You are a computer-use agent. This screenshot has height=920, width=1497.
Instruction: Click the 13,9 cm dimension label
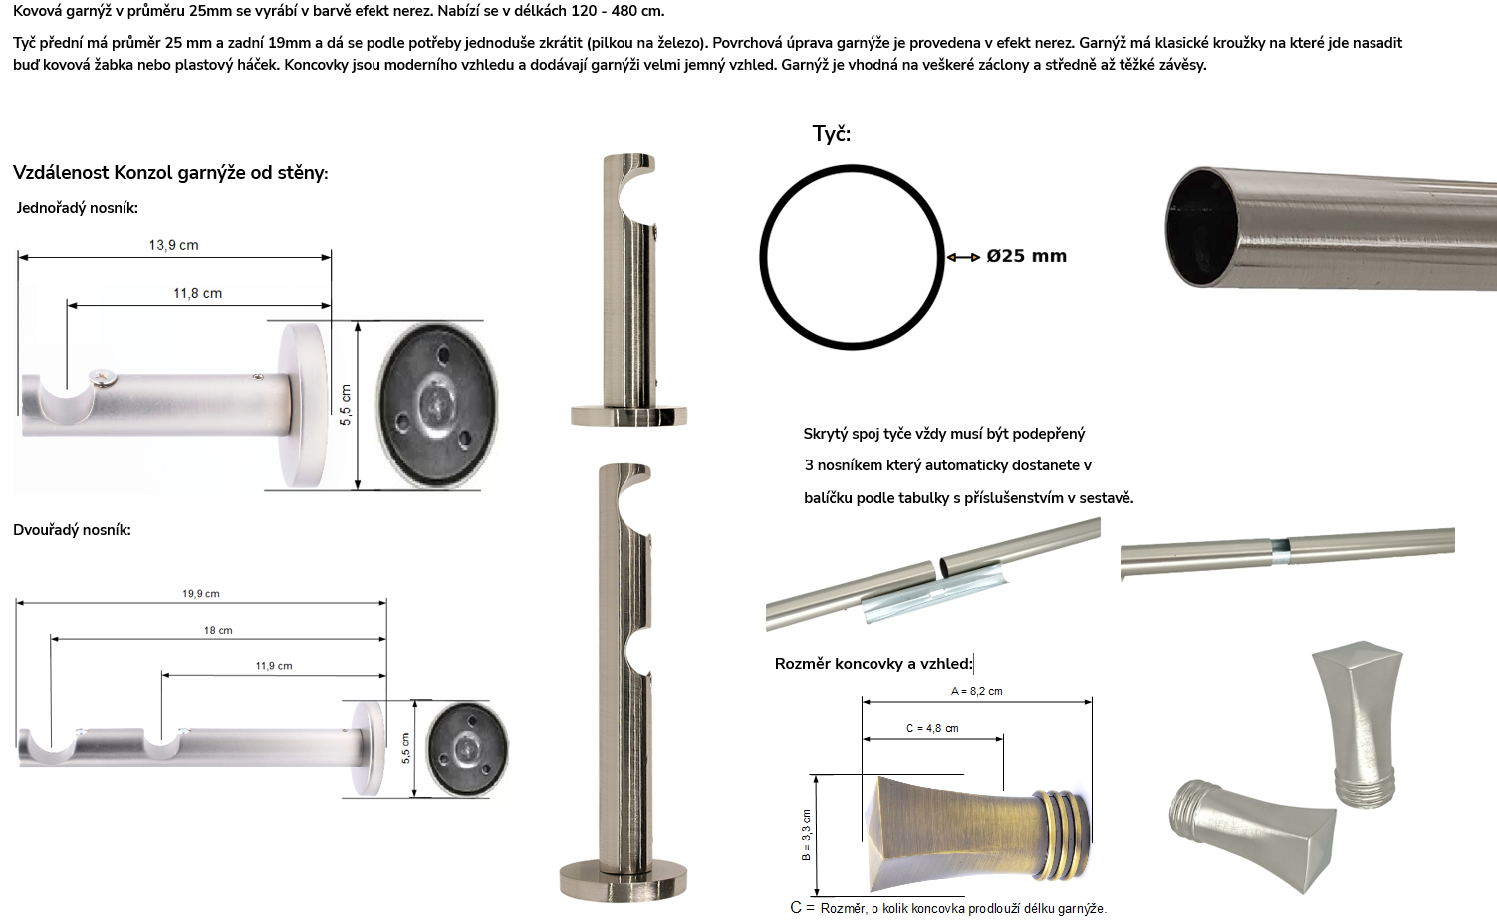pyautogui.click(x=173, y=245)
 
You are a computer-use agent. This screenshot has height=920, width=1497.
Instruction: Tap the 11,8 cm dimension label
pyautogui.click(x=198, y=293)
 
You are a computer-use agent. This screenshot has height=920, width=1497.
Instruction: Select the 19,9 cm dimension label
pyautogui.click(x=201, y=594)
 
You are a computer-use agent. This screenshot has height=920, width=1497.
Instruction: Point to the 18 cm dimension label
pyautogui.click(x=218, y=631)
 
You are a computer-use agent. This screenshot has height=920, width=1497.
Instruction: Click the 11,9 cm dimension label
pyautogui.click(x=274, y=666)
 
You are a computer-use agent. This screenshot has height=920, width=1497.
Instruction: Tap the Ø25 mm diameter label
pyautogui.click(x=1027, y=256)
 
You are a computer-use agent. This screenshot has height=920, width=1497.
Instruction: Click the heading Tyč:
pyautogui.click(x=832, y=133)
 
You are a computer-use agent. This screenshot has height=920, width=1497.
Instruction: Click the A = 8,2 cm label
pyautogui.click(x=976, y=692)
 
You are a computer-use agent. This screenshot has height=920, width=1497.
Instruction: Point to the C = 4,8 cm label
pyautogui.click(x=932, y=728)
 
